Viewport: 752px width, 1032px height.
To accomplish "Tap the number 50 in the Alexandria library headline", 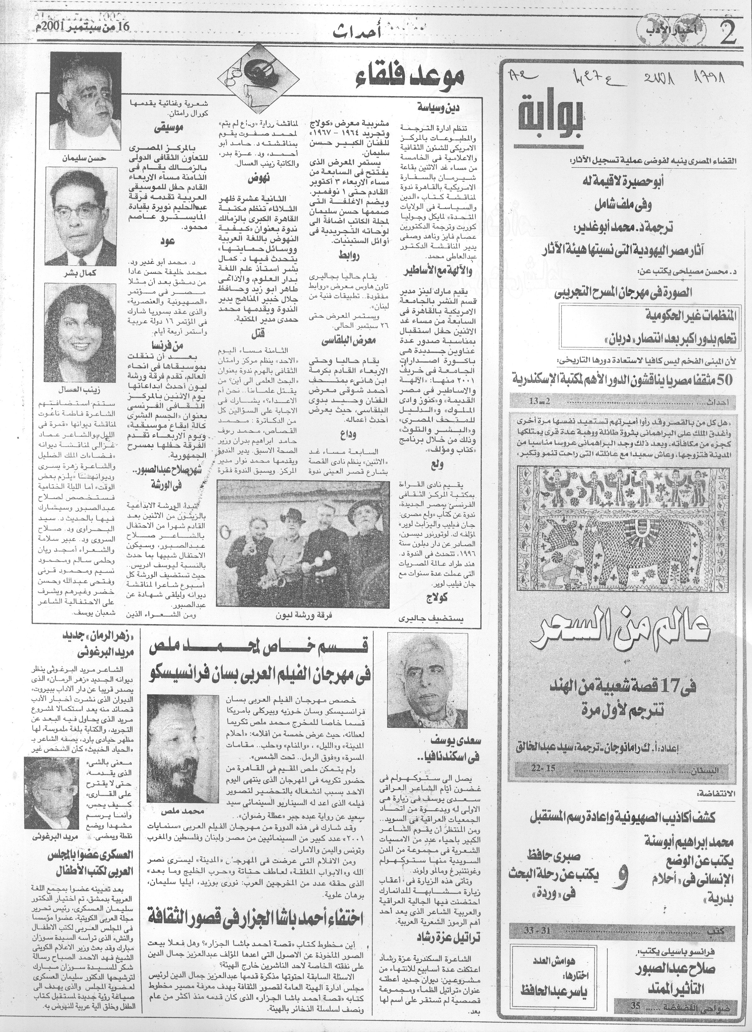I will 722,379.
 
